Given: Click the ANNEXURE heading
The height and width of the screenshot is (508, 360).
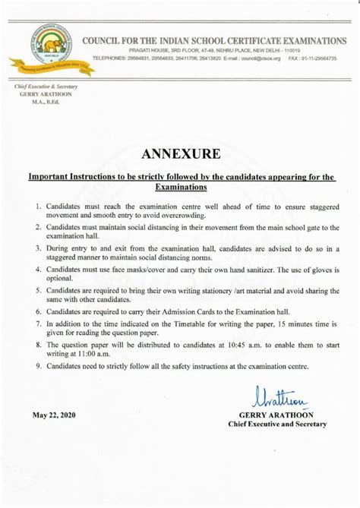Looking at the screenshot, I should (180, 154).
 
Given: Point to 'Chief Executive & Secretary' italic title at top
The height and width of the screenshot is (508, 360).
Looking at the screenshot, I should (46, 87).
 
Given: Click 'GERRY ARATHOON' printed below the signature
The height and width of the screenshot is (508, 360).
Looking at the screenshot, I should (276, 415).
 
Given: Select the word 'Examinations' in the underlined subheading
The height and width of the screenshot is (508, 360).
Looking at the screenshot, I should (181, 186).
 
